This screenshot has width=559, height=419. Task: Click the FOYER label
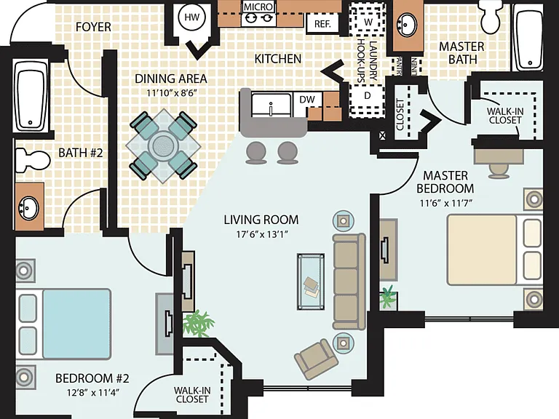[x=93, y=27]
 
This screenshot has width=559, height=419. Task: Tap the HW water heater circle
[x=192, y=17]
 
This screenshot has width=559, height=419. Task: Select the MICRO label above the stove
[x=258, y=7]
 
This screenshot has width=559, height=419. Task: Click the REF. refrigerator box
[x=322, y=23]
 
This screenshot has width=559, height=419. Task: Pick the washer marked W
[x=368, y=21]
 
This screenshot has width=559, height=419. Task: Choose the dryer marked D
[x=367, y=96]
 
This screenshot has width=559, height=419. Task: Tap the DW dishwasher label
[x=307, y=100]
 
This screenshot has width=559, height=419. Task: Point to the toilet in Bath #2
[x=32, y=159]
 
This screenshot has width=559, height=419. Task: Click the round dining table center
[x=163, y=145]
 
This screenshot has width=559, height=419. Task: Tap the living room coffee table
[x=311, y=282]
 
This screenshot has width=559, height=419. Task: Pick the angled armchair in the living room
[x=316, y=359]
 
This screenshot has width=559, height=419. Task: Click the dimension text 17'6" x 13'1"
[x=262, y=234]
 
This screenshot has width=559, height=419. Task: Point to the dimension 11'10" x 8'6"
[x=172, y=93]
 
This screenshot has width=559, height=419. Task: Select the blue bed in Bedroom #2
[x=64, y=324]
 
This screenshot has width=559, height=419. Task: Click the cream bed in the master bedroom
[x=494, y=250]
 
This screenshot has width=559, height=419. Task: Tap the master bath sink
[x=407, y=25]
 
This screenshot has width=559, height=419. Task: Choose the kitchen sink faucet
[x=271, y=108]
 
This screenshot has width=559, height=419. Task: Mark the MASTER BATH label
[x=461, y=52]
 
